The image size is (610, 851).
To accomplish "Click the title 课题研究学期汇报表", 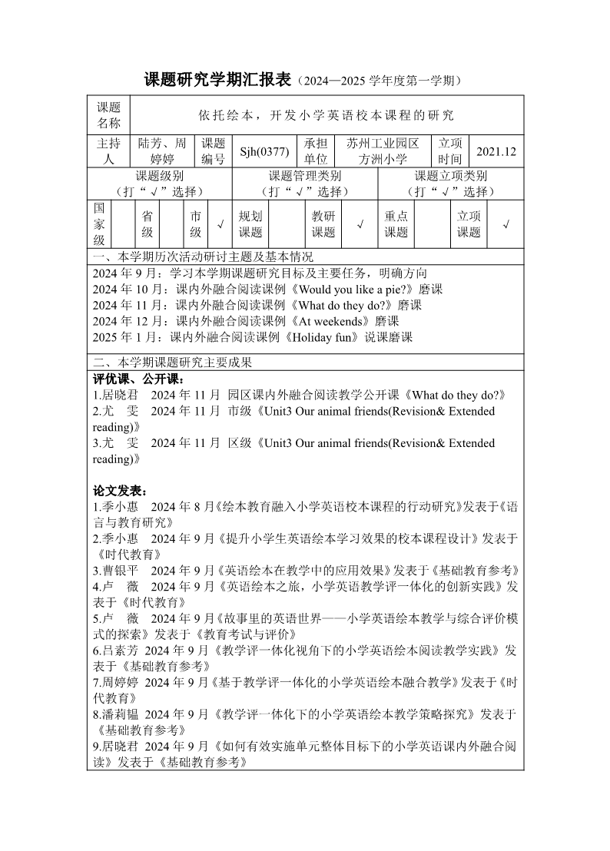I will [218, 79].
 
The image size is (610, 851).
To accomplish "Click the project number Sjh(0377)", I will [264, 151].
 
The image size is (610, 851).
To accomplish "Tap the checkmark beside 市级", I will [220, 224].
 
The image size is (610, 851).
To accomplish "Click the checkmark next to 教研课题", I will [360, 224].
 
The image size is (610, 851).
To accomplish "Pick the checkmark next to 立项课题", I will [506, 224].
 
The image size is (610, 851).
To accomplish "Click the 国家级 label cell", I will [100, 224].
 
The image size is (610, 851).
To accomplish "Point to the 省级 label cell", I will [147, 224].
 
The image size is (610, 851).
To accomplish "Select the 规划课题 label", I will [250, 224].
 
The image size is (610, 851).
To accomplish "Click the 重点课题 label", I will [396, 224].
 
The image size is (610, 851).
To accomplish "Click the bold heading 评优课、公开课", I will [138, 379].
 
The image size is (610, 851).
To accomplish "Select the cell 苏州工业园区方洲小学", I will [383, 151].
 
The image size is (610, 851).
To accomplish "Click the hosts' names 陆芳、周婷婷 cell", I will [162, 151].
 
